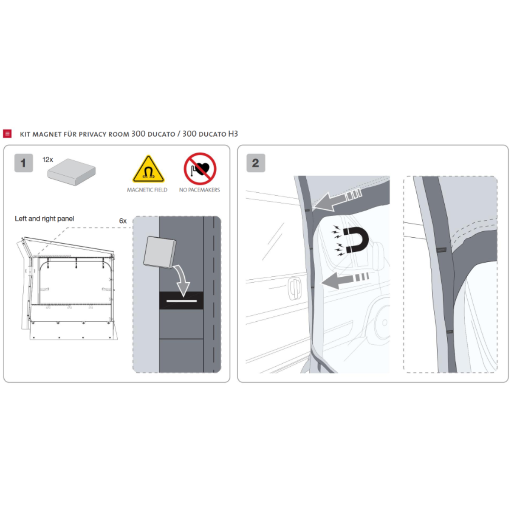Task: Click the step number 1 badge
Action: click(x=24, y=163)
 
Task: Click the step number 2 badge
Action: click(x=256, y=163)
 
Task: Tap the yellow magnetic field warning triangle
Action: click(x=148, y=170)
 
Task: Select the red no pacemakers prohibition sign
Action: click(x=200, y=169)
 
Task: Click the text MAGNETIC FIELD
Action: click(x=147, y=190)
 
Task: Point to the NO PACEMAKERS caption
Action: click(x=200, y=190)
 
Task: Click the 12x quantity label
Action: click(x=48, y=160)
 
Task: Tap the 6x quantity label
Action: click(x=123, y=221)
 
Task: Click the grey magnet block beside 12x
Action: click(x=72, y=172)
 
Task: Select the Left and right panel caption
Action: click(x=45, y=218)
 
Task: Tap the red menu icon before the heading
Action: click(x=7, y=134)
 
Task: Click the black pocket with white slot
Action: click(x=181, y=300)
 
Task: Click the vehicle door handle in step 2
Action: click(x=294, y=288)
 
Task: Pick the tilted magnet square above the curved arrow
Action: click(x=160, y=252)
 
